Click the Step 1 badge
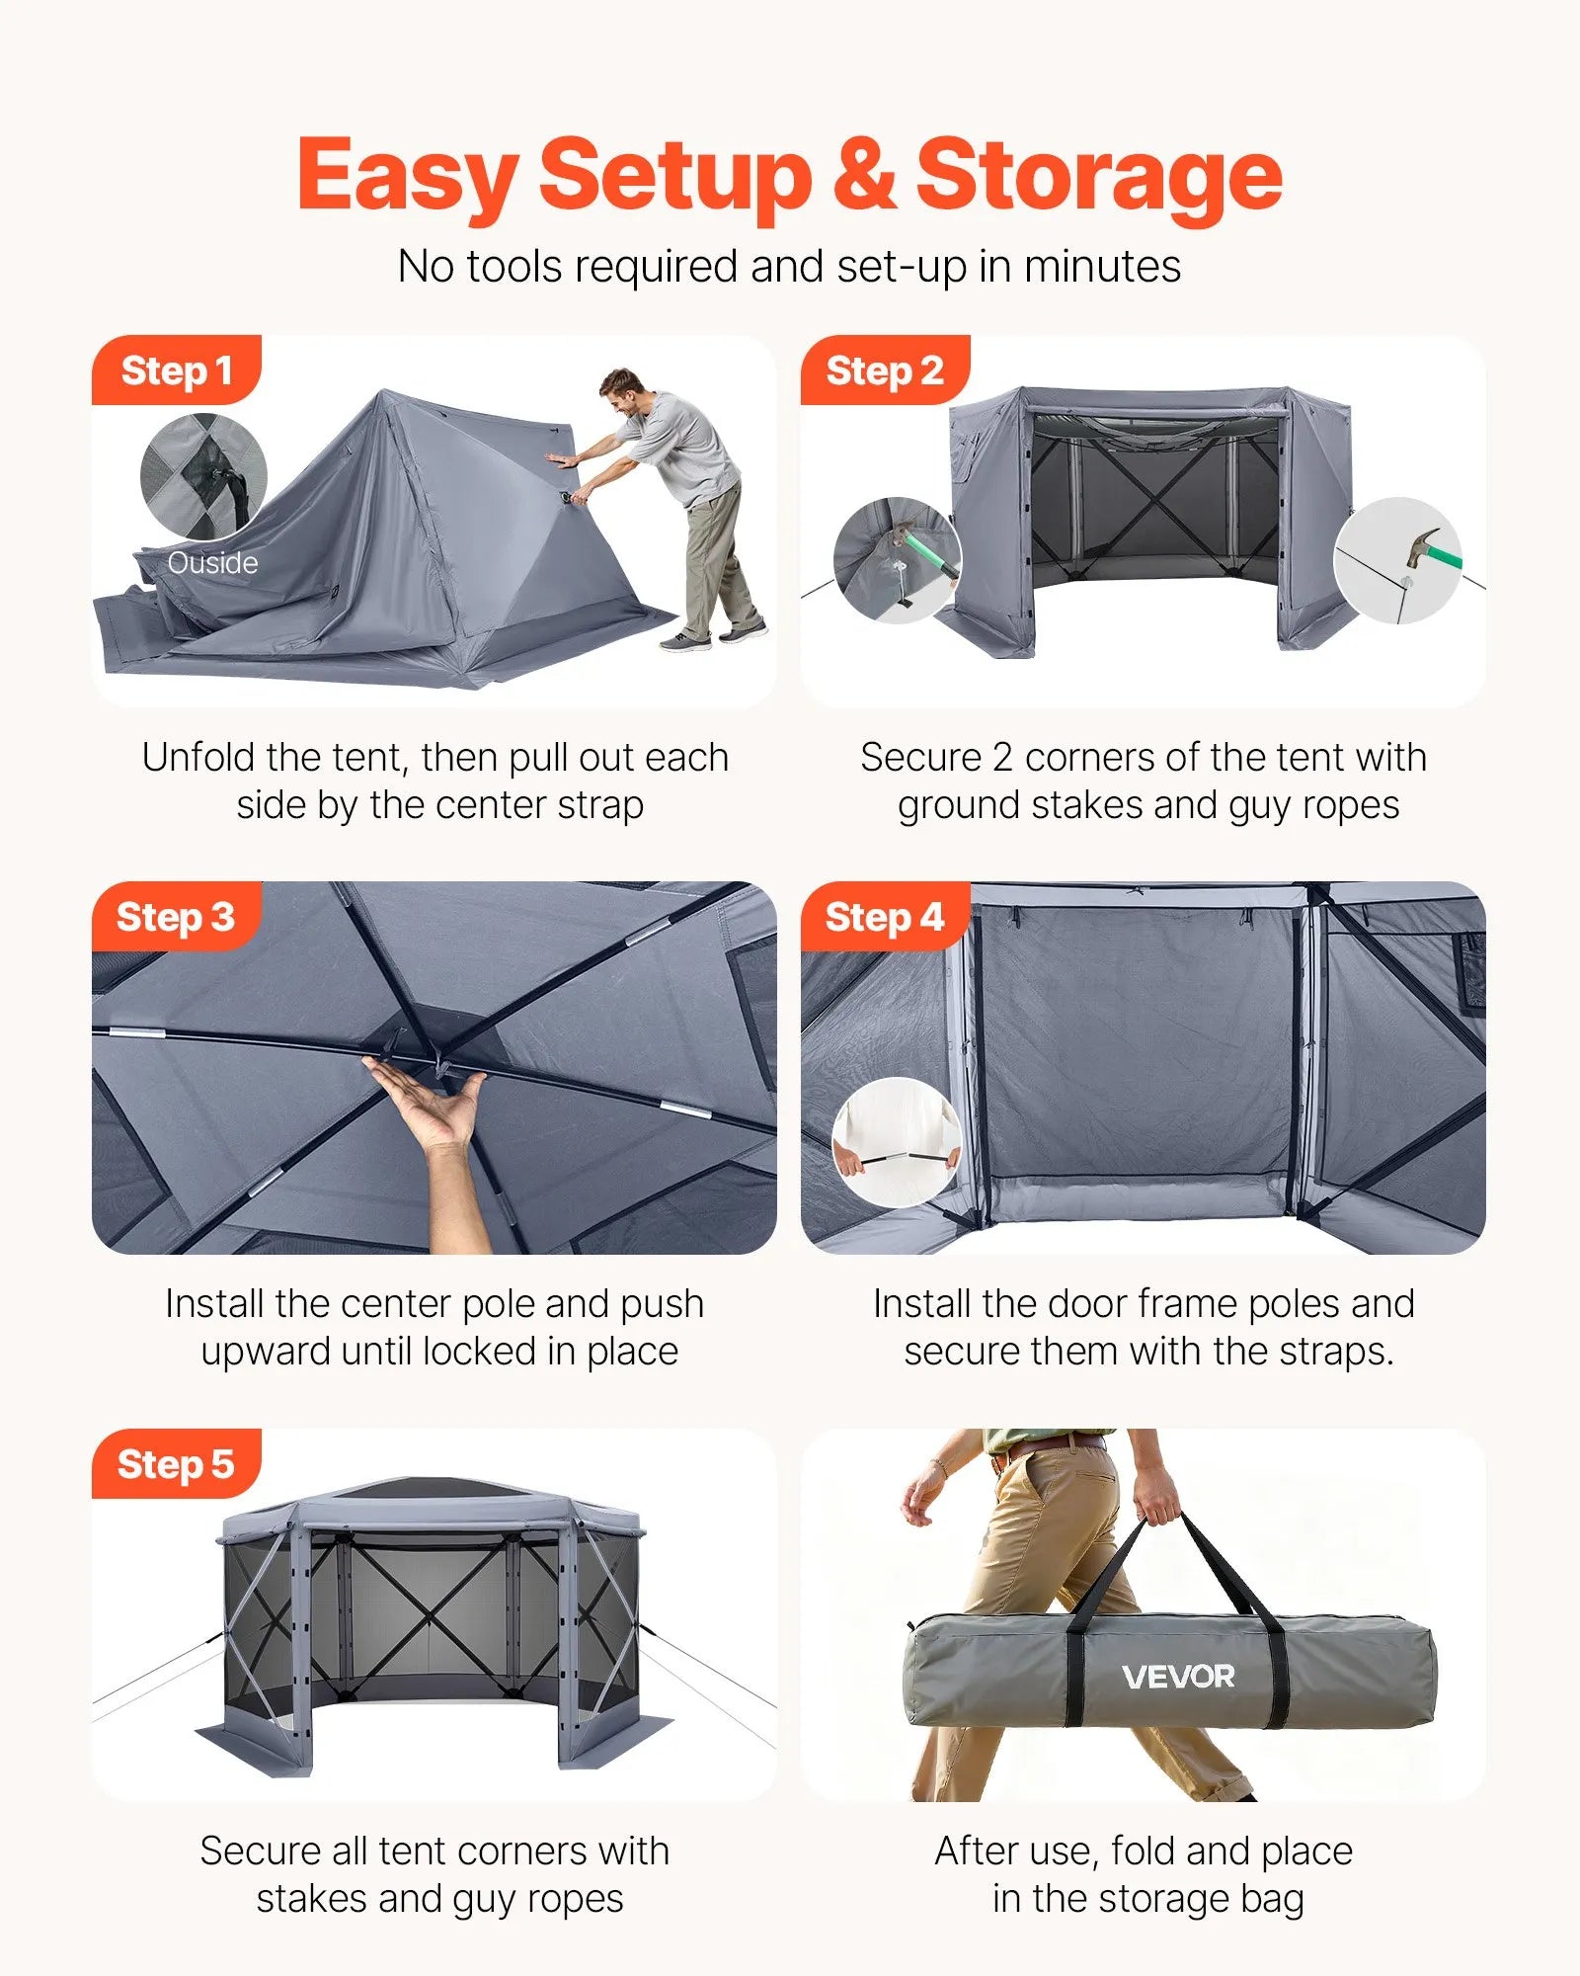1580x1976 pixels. (176, 370)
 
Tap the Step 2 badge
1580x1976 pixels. (885, 370)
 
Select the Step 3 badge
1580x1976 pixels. (176, 917)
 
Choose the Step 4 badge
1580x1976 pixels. (885, 917)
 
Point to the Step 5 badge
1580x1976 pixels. (176, 1464)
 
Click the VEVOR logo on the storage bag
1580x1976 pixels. (1178, 1677)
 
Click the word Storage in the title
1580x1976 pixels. (1098, 176)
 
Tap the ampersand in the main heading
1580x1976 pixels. (863, 176)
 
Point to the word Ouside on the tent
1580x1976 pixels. (212, 563)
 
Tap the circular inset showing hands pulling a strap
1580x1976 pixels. (897, 1142)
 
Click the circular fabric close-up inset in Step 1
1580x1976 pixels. (203, 476)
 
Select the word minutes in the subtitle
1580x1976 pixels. (1102, 267)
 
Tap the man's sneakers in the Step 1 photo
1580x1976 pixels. (713, 635)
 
